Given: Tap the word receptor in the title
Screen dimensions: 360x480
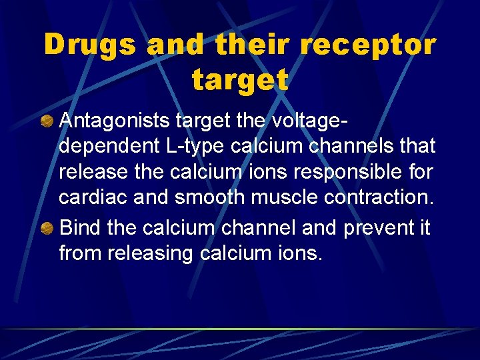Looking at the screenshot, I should click(x=368, y=45).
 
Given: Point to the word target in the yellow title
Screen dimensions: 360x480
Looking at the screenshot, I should click(x=240, y=80).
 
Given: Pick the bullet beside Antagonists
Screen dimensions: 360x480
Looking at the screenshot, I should click(x=47, y=120).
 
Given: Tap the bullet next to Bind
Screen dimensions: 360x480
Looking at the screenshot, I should click(x=47, y=227).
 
